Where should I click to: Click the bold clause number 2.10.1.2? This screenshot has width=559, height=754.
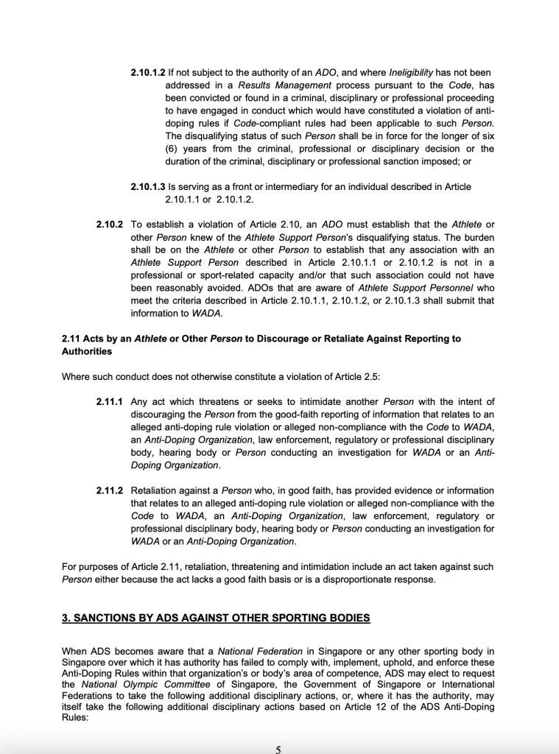147,73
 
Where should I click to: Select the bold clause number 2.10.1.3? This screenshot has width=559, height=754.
147,187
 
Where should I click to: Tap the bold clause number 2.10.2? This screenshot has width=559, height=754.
110,224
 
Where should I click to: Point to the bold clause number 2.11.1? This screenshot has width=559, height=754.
110,402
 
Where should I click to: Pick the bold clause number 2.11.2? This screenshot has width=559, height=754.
110,490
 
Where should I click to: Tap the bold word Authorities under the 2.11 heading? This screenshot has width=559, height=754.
87,351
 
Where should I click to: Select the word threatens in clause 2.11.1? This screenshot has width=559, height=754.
190,402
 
